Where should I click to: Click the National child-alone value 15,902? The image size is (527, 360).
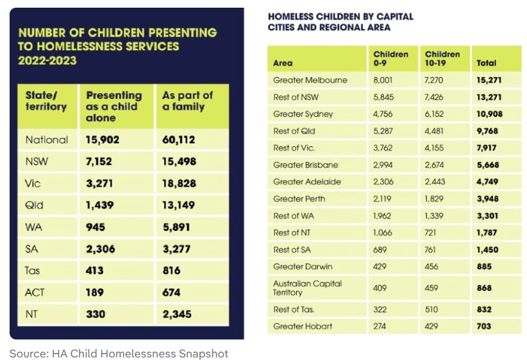click(x=103, y=139)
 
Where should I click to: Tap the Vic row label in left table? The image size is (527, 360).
click(x=33, y=184)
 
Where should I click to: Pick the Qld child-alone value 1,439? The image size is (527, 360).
click(x=100, y=205)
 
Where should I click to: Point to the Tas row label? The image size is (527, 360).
click(x=33, y=271)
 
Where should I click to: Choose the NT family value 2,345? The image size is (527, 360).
click(x=176, y=314)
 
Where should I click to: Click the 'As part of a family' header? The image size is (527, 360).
click(x=187, y=101)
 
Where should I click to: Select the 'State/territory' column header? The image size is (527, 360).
click(x=46, y=101)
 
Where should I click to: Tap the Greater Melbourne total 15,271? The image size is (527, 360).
click(x=489, y=80)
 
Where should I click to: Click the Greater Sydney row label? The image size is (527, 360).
click(x=301, y=114)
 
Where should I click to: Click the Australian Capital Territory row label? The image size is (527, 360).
click(x=307, y=287)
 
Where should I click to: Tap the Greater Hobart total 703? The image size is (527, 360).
click(x=484, y=326)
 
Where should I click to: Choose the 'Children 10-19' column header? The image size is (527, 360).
click(x=442, y=58)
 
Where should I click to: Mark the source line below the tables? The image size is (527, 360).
click(x=119, y=353)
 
